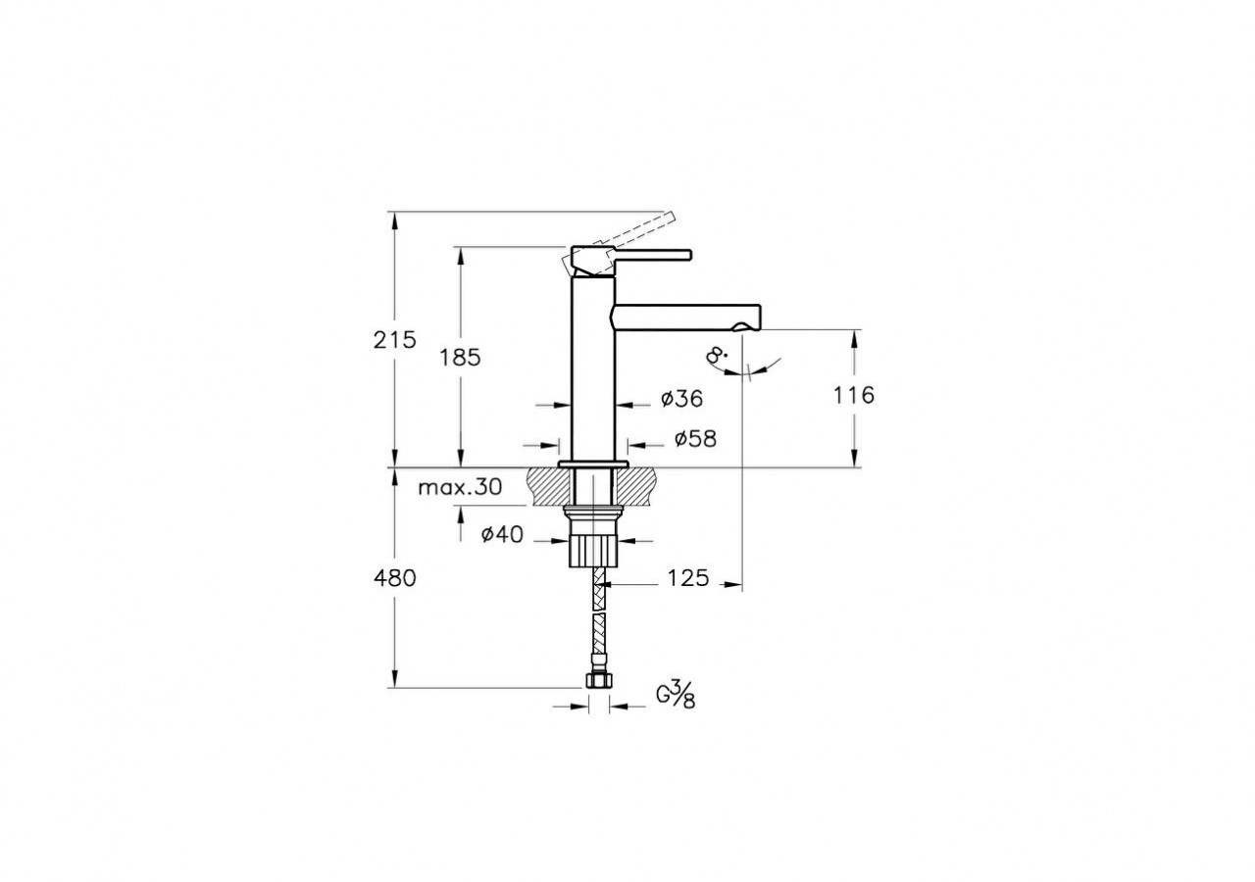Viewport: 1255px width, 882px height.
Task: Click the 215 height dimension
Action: pyautogui.click(x=395, y=340)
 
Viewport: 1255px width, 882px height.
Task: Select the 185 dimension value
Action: pyautogui.click(x=460, y=358)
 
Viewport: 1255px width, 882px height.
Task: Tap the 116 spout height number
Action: pyautogui.click(x=853, y=396)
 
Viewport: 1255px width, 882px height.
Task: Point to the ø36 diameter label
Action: pyautogui.click(x=682, y=399)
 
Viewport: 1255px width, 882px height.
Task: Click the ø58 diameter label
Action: pyautogui.click(x=694, y=439)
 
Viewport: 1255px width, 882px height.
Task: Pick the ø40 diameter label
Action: pyautogui.click(x=502, y=534)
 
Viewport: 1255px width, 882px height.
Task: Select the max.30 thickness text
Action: pyautogui.click(x=459, y=487)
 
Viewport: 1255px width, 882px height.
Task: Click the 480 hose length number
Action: pyautogui.click(x=395, y=578)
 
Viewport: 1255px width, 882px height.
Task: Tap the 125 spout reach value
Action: pyautogui.click(x=687, y=578)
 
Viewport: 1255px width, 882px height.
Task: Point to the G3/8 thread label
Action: pyautogui.click(x=676, y=697)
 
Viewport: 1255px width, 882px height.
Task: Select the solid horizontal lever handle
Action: pyautogui.click(x=651, y=255)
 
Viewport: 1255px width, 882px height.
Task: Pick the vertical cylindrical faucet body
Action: pyautogui.click(x=592, y=372)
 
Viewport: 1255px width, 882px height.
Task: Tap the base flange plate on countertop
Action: pyautogui.click(x=592, y=463)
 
